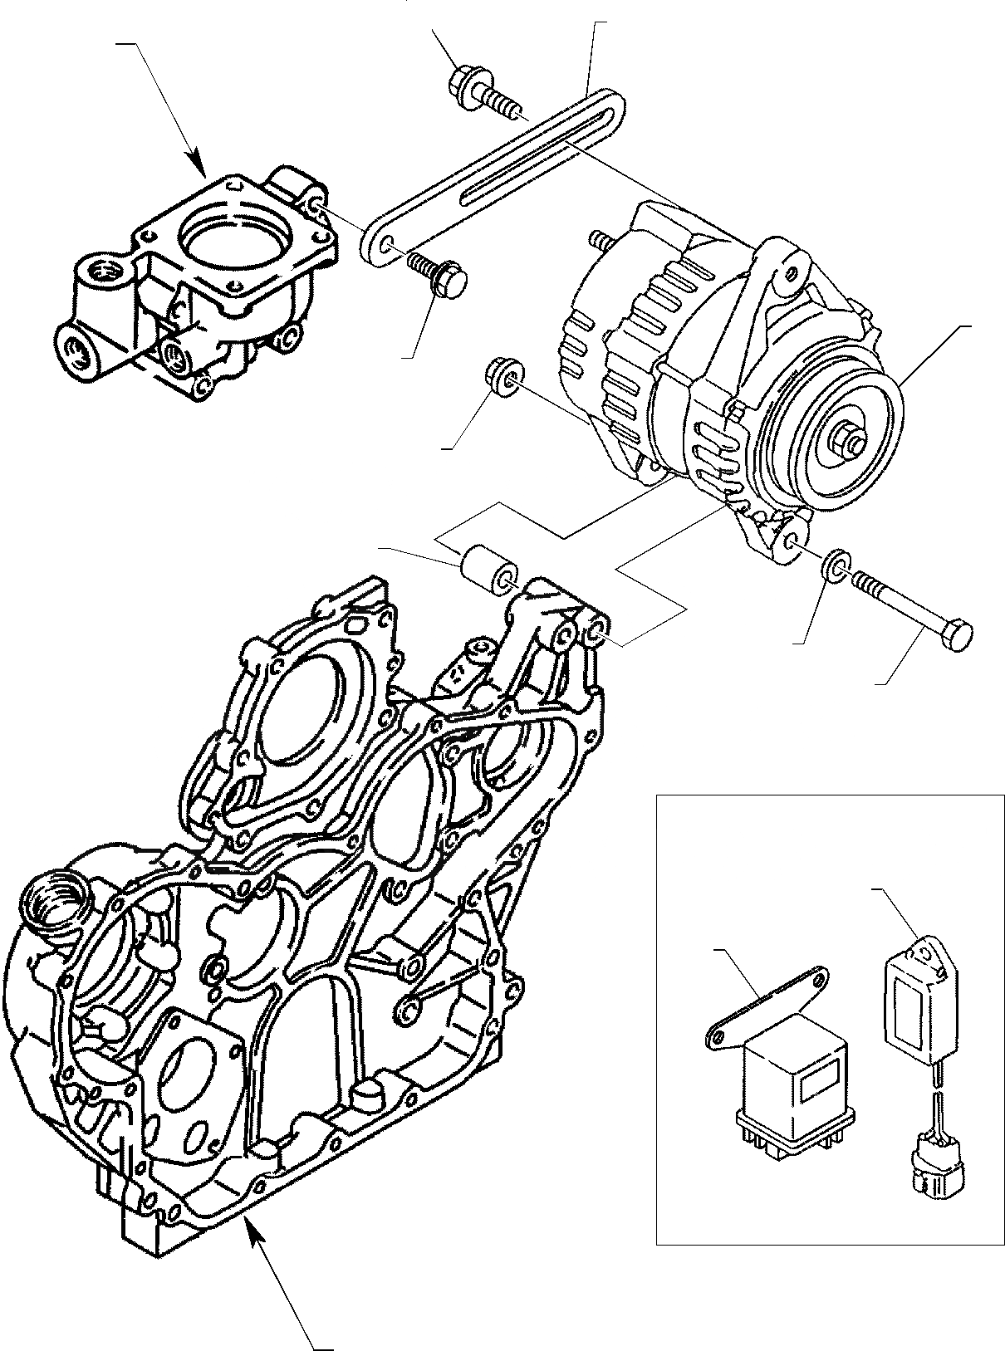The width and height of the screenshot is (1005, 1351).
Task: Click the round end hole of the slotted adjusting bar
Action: click(x=387, y=244)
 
